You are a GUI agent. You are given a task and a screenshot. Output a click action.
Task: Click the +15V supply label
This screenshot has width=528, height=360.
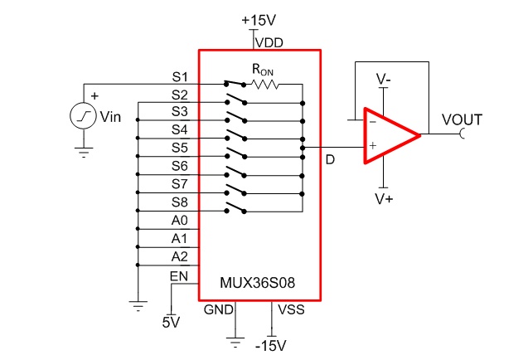pyautogui.click(x=259, y=20)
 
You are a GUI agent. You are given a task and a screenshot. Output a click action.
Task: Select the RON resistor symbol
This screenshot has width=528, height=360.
pyautogui.click(x=264, y=85)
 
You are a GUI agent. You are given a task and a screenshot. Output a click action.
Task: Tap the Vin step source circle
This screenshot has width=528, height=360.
pyautogui.click(x=83, y=115)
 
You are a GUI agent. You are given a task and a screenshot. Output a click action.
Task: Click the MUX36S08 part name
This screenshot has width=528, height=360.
pyautogui.click(x=257, y=283)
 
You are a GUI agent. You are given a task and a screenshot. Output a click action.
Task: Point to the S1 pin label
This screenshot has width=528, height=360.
pyautogui.click(x=180, y=77)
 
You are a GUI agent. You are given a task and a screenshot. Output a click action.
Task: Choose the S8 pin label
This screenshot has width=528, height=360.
pyautogui.click(x=180, y=202)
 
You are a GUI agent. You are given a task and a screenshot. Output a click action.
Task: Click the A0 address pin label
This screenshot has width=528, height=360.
pyautogui.click(x=179, y=221)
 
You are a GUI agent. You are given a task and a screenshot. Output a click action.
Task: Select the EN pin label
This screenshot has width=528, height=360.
pyautogui.click(x=179, y=276)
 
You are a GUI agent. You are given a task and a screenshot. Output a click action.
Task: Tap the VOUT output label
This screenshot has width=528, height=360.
pyautogui.click(x=462, y=120)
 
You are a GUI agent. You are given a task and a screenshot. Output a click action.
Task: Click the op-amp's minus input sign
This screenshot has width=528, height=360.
pyautogui.click(x=372, y=122)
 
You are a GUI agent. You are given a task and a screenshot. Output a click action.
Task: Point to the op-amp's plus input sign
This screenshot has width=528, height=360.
pyautogui.click(x=372, y=146)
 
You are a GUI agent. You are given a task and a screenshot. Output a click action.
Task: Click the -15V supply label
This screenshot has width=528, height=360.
pyautogui.click(x=271, y=346)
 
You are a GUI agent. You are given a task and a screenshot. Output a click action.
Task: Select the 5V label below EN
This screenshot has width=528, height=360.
pyautogui.click(x=171, y=323)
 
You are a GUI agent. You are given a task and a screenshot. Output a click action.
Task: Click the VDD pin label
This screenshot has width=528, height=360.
pyautogui.click(x=269, y=43)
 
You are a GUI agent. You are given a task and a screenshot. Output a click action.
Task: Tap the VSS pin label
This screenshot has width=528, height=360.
pyautogui.click(x=291, y=309)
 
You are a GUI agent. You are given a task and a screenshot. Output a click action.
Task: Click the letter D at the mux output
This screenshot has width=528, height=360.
pyautogui.click(x=331, y=160)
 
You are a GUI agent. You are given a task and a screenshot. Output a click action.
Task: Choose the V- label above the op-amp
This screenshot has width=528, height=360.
pyautogui.click(x=383, y=79)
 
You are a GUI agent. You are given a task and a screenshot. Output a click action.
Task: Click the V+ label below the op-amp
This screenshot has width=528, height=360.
pyautogui.click(x=384, y=199)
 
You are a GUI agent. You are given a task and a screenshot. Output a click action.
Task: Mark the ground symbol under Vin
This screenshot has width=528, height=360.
pyautogui.click(x=83, y=153)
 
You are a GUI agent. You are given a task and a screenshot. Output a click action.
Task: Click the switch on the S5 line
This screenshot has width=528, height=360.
pyautogui.click(x=236, y=153)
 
